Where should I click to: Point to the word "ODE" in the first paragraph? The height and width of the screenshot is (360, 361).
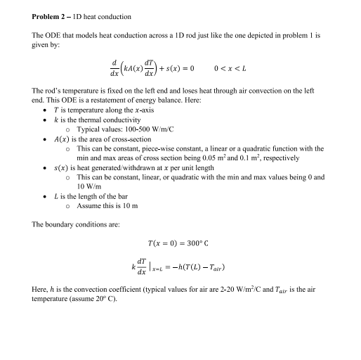pyautogui.click(x=52, y=35)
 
